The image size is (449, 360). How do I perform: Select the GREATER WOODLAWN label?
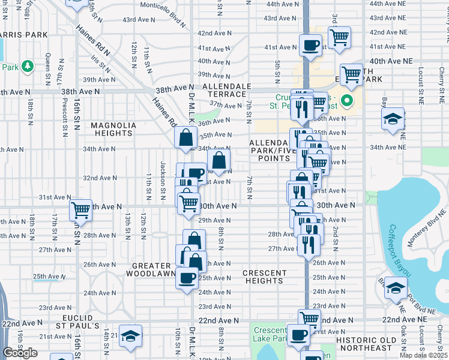149,269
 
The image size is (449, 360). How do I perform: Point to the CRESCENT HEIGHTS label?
265,277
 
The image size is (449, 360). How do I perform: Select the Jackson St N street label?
163,173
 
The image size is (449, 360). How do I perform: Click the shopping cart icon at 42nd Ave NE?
339,37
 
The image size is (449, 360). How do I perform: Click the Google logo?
20,353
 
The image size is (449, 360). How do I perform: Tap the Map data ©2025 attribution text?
423,355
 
